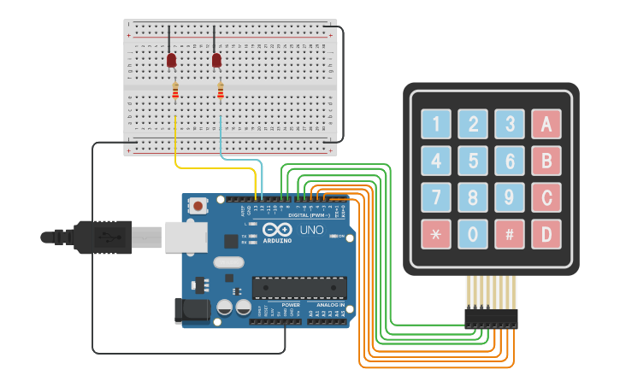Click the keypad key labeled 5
pyautogui.click(x=472, y=160)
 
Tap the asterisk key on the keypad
pyautogui.click(x=435, y=233)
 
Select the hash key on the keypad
pyautogui.click(x=509, y=233)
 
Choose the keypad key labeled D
pyautogui.click(x=546, y=233)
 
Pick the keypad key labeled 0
pyautogui.click(x=472, y=233)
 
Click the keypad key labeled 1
pyautogui.click(x=435, y=124)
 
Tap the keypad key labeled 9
pyautogui.click(x=509, y=196)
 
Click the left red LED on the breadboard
pyautogui.click(x=171, y=60)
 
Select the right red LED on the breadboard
pyautogui.click(x=216, y=60)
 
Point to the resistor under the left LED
pyautogui.click(x=175, y=91)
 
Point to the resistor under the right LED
pyautogui.click(x=221, y=91)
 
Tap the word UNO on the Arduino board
pyautogui.click(x=311, y=230)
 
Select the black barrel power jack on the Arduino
pyautogui.click(x=191, y=310)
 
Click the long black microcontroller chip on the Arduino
pyautogui.click(x=298, y=289)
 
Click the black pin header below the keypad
pyautogui.click(x=491, y=318)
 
